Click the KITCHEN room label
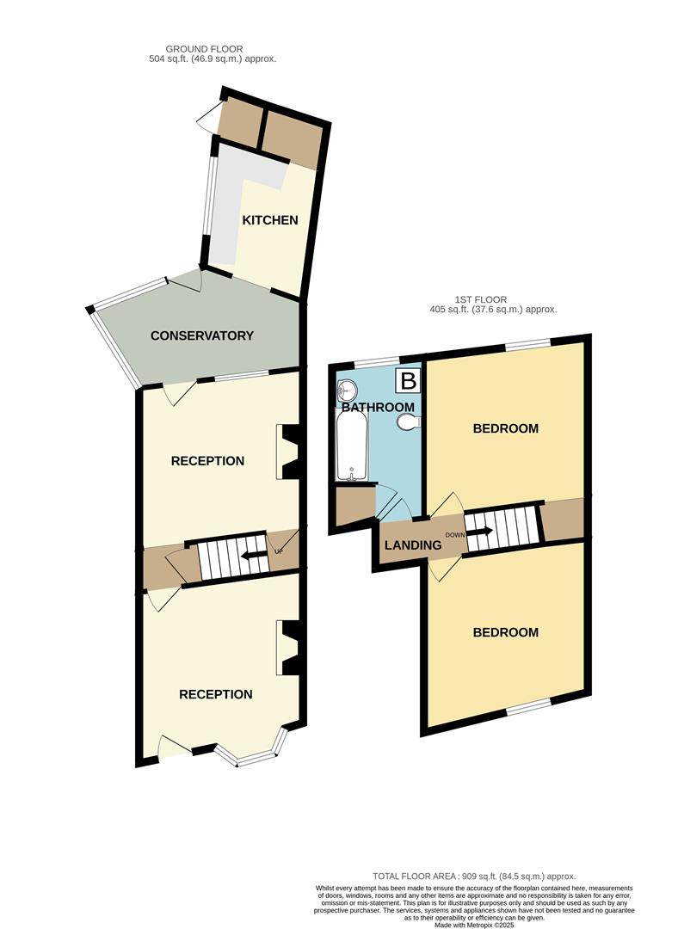269,220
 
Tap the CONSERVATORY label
202,335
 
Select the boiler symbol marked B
407,381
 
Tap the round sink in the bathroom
348,390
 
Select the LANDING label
413,544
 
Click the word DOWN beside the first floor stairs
454,535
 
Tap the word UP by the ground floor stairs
279,551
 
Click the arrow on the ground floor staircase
251,556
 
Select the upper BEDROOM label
506,428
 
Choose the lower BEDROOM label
506,632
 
